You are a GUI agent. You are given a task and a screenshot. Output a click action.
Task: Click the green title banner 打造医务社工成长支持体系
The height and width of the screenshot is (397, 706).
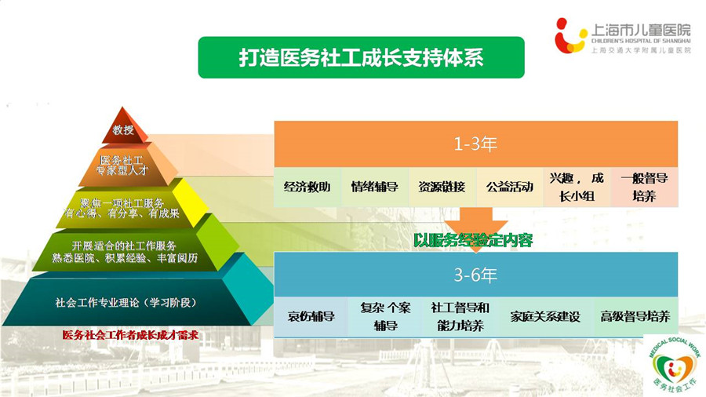coord(361,57)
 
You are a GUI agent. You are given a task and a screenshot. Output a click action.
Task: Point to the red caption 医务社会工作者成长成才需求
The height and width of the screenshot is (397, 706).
coord(130,335)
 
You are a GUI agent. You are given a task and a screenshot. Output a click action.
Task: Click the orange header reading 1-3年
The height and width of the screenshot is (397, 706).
coord(476,144)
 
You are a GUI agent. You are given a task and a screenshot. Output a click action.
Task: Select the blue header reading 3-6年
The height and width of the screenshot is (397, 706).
coord(476,275)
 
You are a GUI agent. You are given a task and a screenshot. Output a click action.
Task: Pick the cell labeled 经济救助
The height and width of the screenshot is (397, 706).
coord(308,188)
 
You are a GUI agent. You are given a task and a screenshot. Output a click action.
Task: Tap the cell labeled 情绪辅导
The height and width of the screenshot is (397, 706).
coord(375,188)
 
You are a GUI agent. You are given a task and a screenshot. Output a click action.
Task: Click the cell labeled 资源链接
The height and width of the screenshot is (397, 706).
coord(442,188)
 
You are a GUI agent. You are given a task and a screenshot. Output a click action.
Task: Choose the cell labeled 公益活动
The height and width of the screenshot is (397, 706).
coord(510,188)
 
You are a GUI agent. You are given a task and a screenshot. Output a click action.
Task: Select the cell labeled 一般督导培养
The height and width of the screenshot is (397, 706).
coord(644,188)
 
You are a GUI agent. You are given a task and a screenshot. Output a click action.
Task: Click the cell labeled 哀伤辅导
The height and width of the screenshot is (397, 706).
coord(311,316)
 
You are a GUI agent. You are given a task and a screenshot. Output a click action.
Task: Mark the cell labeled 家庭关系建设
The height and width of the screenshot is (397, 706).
coord(545,316)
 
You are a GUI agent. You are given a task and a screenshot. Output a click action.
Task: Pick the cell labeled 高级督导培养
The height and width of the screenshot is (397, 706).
coord(635,316)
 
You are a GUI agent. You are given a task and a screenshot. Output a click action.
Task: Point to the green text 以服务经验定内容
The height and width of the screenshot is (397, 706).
coord(473,240)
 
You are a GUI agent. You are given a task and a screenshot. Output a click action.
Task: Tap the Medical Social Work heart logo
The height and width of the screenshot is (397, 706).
coord(674,365)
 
